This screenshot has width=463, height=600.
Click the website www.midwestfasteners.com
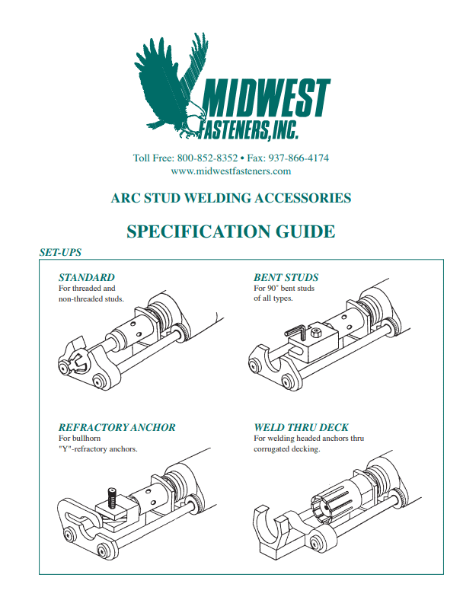click(231, 171)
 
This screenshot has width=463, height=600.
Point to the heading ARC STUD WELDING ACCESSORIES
click(231, 198)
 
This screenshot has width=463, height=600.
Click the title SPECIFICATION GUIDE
click(231, 231)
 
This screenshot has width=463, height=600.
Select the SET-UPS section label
click(60, 252)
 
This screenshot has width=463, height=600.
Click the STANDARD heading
click(87, 277)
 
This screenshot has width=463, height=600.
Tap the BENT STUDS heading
click(286, 277)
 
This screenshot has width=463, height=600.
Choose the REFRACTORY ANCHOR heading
click(117, 427)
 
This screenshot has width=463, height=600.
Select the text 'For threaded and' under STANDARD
click(87, 289)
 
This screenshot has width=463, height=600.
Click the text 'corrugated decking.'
click(286, 449)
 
